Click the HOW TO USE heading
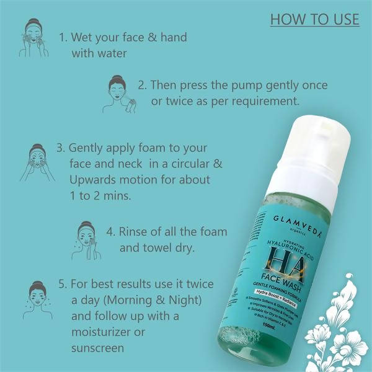[x=314, y=19]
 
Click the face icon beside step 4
[x=86, y=239]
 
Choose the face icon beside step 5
[x=38, y=298]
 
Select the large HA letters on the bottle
[x=291, y=259]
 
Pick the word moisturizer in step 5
[x=107, y=332]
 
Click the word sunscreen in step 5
[x=97, y=348]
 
